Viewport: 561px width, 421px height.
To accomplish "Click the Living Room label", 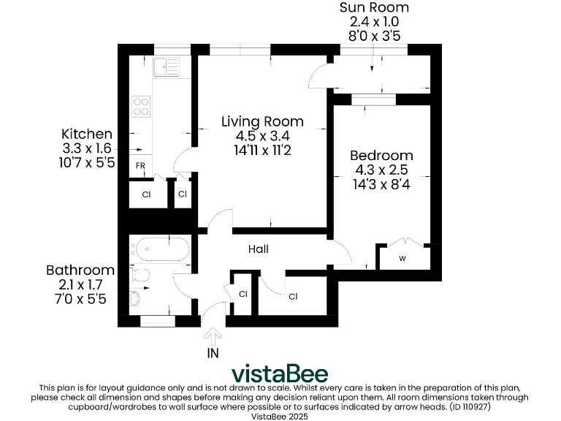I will [x=262, y=121].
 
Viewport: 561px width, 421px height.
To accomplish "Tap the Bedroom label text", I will [x=381, y=156].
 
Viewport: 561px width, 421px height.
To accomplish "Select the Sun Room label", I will [x=373, y=8].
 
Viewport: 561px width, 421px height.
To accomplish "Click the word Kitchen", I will [x=87, y=134].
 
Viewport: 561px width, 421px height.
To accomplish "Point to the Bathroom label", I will [x=80, y=270].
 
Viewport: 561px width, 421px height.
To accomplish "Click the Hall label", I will [x=258, y=249].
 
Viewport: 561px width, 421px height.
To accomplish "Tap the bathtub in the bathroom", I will [x=160, y=249].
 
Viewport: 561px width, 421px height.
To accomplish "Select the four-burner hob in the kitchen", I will [x=140, y=107].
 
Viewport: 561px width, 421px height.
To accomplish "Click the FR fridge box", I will [x=140, y=166].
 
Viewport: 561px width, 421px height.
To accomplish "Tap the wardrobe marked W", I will [x=402, y=258].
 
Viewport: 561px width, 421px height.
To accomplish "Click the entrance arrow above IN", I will [x=213, y=336].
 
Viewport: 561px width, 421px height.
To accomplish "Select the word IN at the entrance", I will [x=213, y=352].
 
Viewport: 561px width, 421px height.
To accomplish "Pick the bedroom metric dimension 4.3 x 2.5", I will [x=381, y=170].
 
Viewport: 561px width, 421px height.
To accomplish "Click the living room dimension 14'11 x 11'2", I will [x=262, y=151].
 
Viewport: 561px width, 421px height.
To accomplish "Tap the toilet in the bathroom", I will [x=140, y=275].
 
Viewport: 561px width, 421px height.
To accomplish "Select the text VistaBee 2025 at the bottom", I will [x=280, y=416].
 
